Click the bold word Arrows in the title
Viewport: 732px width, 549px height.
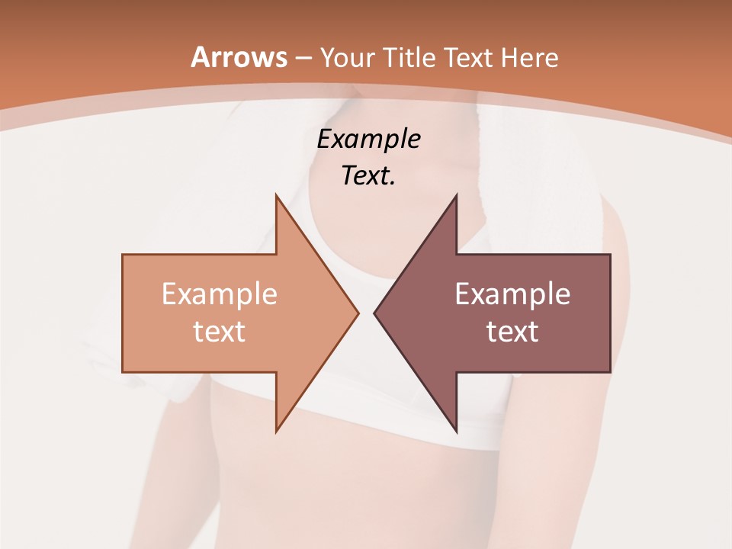point(239,57)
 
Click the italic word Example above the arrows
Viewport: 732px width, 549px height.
point(368,139)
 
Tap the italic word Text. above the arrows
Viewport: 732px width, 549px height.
point(368,176)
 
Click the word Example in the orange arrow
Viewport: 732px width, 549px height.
point(220,294)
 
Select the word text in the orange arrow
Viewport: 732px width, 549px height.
point(220,331)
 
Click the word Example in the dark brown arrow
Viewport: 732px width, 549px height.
point(512,294)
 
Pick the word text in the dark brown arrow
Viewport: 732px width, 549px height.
point(512,331)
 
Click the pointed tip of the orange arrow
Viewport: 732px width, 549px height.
point(358,313)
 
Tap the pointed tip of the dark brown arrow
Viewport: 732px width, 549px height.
point(374,313)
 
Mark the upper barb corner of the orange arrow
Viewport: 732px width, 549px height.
point(276,194)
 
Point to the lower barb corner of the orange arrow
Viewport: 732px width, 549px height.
point(276,432)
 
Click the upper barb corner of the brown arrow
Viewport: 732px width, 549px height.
point(456,194)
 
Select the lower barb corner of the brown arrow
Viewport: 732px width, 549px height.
point(456,432)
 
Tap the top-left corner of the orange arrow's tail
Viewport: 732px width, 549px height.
point(123,255)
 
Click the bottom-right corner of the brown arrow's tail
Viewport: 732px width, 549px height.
point(610,372)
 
